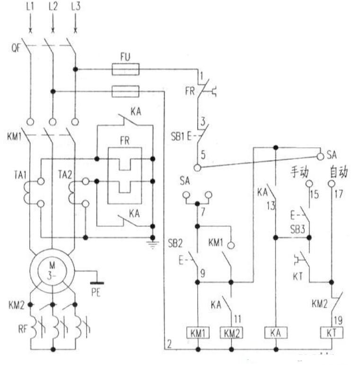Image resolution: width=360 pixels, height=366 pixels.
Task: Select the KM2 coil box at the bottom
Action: coord(231,332)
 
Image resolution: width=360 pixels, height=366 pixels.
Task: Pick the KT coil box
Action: coord(331,332)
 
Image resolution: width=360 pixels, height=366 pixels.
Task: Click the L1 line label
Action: coord(29,7)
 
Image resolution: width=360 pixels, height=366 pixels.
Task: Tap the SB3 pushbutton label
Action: coord(298,228)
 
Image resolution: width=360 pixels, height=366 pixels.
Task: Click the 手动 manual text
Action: coord(299,171)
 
